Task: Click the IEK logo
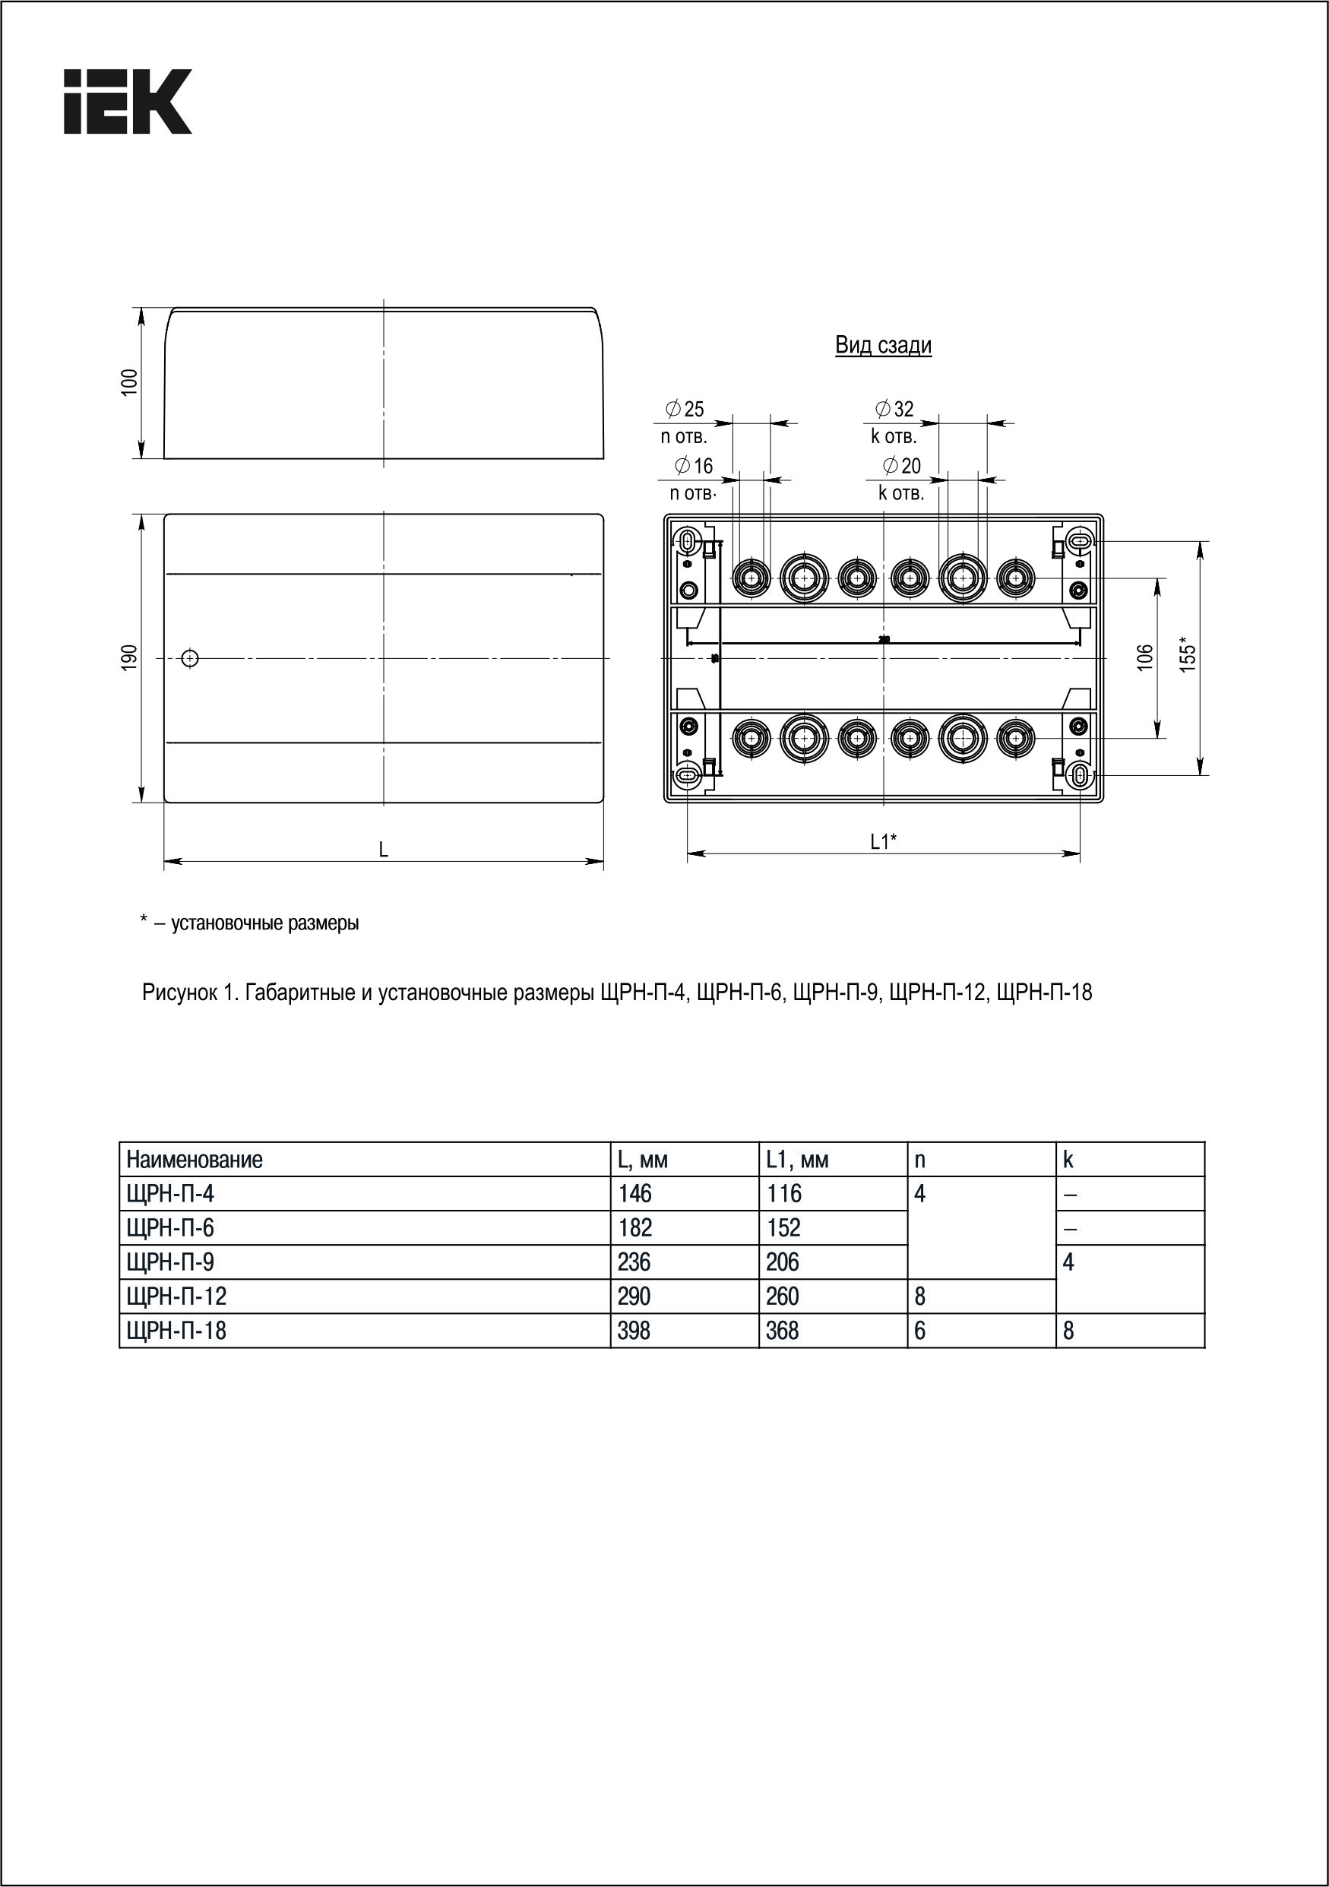coord(128,101)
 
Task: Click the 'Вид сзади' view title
coord(883,345)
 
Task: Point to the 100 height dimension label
coord(130,383)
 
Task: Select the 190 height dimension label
coord(130,658)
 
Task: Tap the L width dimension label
coord(383,850)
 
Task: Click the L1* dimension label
coord(884,841)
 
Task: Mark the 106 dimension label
coord(1145,657)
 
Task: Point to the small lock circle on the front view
coord(190,658)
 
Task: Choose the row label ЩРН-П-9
coord(170,1262)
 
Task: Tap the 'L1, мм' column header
coord(796,1160)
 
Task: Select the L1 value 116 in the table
coord(783,1193)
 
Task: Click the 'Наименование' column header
coord(195,1160)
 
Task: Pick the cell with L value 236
coord(634,1262)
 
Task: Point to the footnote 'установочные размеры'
coord(264,923)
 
